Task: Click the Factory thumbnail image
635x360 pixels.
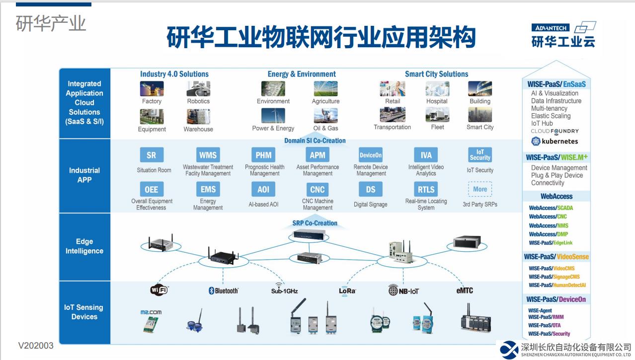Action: point(152,89)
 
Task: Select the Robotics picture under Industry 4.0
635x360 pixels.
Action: point(198,89)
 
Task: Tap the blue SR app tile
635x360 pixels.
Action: point(152,155)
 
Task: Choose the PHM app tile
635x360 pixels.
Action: point(263,155)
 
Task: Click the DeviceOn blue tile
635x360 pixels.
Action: point(371,155)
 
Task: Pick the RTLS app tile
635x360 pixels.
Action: point(426,189)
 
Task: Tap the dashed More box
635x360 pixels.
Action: point(480,189)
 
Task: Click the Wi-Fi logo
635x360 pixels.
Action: point(159,290)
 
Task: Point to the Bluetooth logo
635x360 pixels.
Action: point(224,290)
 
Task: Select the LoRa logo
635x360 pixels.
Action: point(347,291)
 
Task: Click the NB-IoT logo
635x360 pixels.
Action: point(403,290)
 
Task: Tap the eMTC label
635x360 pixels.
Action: point(465,290)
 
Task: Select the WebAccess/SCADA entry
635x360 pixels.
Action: point(551,208)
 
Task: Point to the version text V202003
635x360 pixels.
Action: point(36,346)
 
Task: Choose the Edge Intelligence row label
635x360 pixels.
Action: point(84,246)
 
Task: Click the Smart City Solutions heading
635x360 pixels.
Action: point(436,74)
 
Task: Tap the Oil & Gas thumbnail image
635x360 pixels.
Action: point(325,116)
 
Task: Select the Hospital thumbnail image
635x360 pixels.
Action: point(437,89)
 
